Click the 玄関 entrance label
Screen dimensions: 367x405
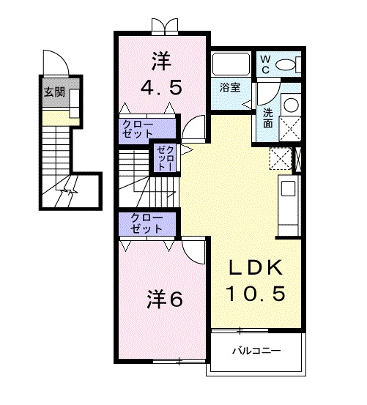pyautogui.click(x=54, y=92)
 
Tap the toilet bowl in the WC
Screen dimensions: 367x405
pyautogui.click(x=286, y=64)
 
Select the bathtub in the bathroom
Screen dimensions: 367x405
pyautogui.click(x=231, y=64)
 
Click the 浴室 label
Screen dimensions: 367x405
pyautogui.click(x=230, y=88)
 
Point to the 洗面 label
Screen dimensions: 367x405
pyautogui.click(x=268, y=118)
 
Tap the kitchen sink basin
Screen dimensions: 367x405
pyautogui.click(x=289, y=188)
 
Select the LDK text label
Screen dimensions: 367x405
pyautogui.click(x=256, y=268)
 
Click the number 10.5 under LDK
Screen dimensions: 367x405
pyautogui.click(x=256, y=294)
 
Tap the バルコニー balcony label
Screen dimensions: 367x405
pyautogui.click(x=256, y=351)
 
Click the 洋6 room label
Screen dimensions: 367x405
pyautogui.click(x=165, y=300)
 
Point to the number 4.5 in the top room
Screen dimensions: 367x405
pyautogui.click(x=161, y=87)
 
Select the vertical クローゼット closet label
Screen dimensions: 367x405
pyautogui.click(x=166, y=157)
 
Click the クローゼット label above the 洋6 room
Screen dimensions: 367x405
pyautogui.click(x=147, y=223)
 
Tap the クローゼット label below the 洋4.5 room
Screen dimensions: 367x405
pyautogui.click(x=138, y=129)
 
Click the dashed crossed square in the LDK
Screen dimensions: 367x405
pyautogui.click(x=281, y=159)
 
